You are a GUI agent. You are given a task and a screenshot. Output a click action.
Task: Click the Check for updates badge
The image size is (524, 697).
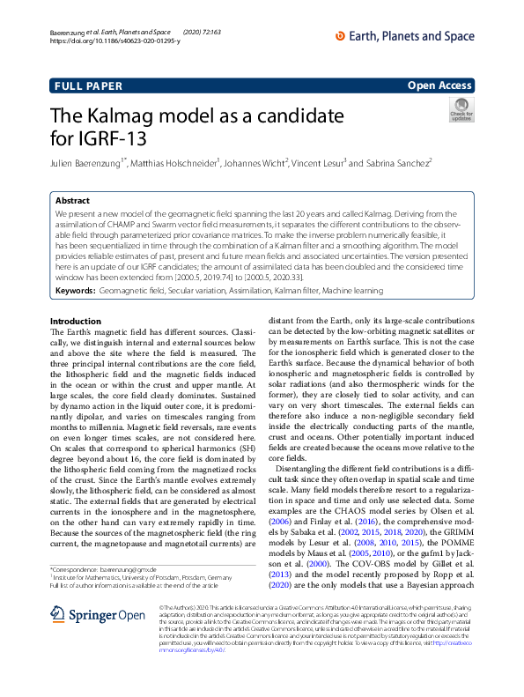pos(460,110)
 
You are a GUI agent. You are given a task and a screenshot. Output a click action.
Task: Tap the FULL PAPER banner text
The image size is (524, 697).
pos(85,85)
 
